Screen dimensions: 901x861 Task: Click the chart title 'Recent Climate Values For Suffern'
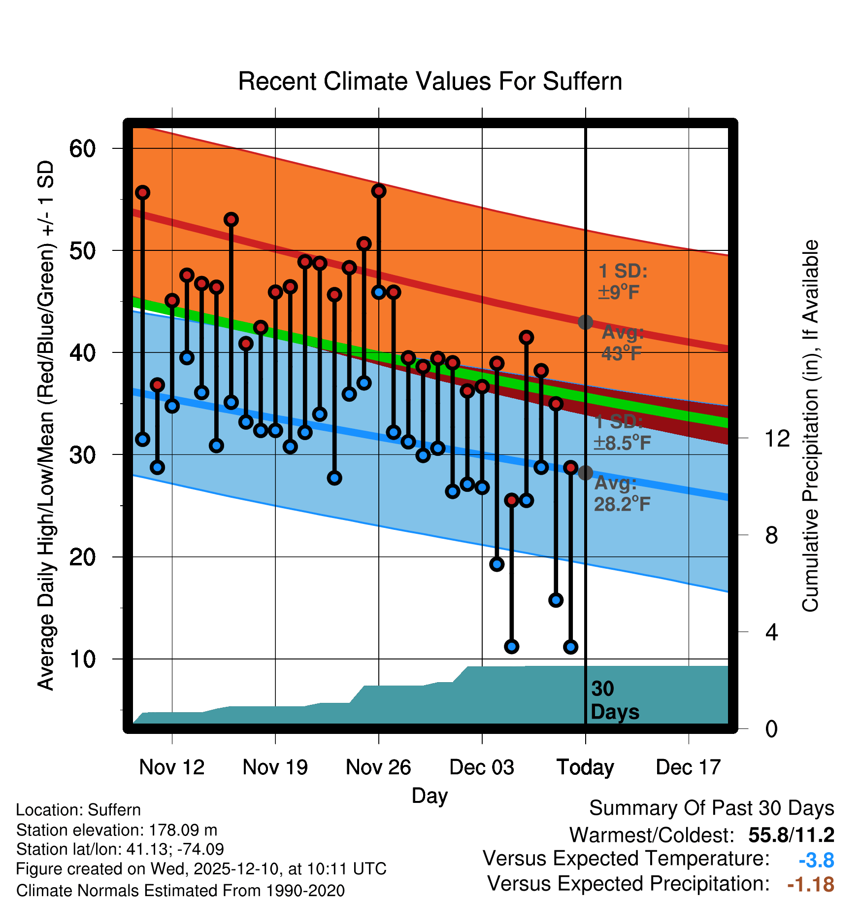click(x=430, y=82)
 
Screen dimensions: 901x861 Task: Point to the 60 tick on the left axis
click(x=82, y=148)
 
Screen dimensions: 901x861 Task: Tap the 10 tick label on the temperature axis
click(x=82, y=659)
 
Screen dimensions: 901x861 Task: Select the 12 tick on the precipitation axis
click(x=777, y=438)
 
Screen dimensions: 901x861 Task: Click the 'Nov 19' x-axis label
click(x=275, y=767)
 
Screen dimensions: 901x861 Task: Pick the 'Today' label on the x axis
click(x=585, y=767)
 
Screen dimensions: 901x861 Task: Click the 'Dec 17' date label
click(x=688, y=767)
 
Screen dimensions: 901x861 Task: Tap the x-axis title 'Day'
click(x=430, y=796)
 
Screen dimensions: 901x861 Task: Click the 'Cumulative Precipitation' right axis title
click(x=810, y=426)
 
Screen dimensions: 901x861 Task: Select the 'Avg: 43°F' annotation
click(x=622, y=343)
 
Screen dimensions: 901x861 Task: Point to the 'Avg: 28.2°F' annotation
click(x=622, y=493)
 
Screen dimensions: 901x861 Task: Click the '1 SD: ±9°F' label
click(x=622, y=282)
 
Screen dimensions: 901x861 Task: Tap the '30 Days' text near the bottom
click(x=614, y=700)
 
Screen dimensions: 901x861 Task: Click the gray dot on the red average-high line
click(x=585, y=322)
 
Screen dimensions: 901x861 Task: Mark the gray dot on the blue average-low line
click(x=585, y=473)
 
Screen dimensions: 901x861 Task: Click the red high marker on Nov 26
click(x=379, y=191)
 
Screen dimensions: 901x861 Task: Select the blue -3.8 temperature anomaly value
click(x=816, y=861)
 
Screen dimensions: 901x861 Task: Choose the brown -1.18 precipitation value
click(x=811, y=885)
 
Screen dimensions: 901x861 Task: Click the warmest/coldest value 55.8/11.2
click(x=791, y=835)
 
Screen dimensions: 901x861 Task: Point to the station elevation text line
click(x=117, y=830)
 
